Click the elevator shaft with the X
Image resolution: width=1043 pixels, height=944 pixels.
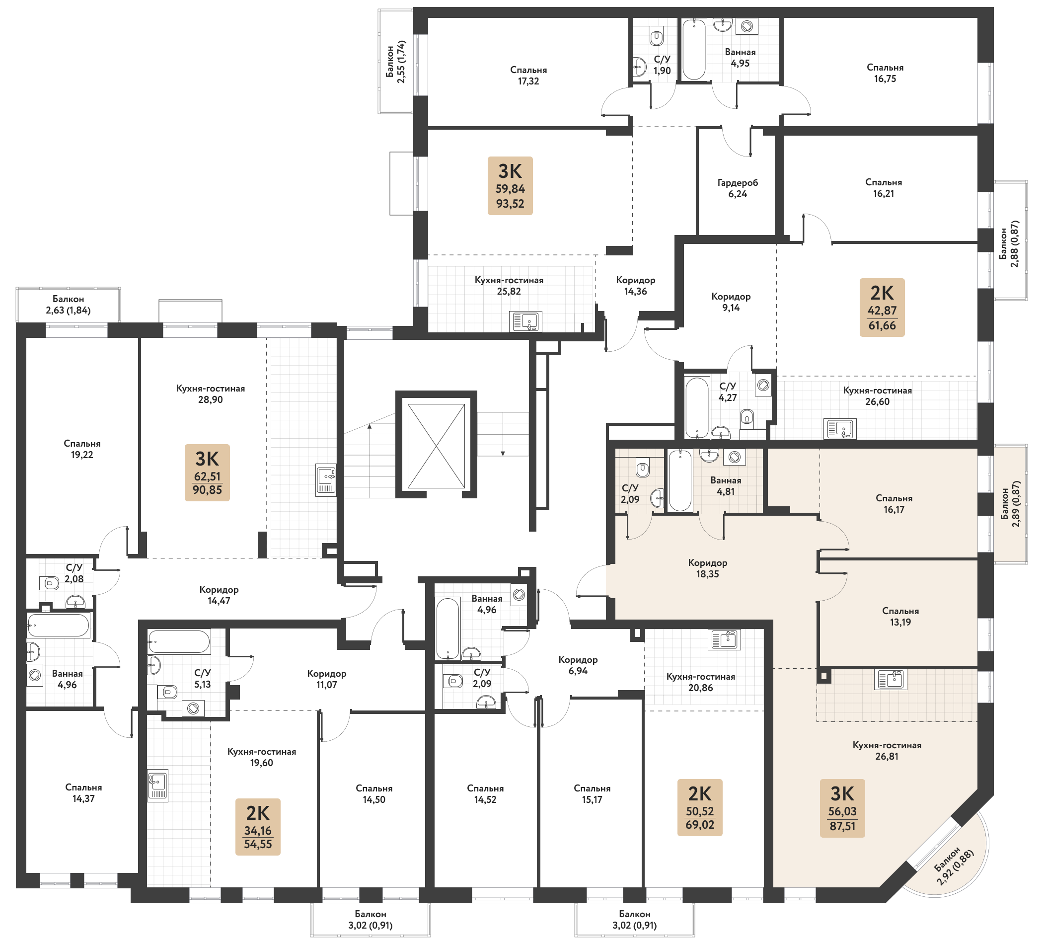coord(436,445)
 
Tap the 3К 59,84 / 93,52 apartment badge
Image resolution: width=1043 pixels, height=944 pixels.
coord(510,186)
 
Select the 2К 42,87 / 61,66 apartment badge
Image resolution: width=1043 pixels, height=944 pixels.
coord(882,308)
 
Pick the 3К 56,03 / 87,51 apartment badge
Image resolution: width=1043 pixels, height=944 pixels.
coord(842,808)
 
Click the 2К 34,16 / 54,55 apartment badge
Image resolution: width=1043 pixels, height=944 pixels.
coord(258,827)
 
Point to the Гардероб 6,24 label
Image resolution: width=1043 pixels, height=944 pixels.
coord(738,188)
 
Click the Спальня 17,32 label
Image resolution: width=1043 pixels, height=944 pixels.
coord(528,76)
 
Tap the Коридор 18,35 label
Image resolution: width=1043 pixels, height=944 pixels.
coord(708,568)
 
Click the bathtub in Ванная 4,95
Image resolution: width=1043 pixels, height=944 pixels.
coord(694,50)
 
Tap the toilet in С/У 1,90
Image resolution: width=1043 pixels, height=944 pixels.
coord(657,37)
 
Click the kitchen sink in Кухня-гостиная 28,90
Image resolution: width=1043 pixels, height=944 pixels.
coord(326,480)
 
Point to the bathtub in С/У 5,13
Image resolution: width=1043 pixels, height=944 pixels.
coord(179,642)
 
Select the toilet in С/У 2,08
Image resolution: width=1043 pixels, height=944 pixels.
coord(50,583)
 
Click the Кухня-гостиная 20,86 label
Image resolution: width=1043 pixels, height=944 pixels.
coord(700,682)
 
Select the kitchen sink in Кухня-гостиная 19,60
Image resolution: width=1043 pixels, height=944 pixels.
coord(158,786)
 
